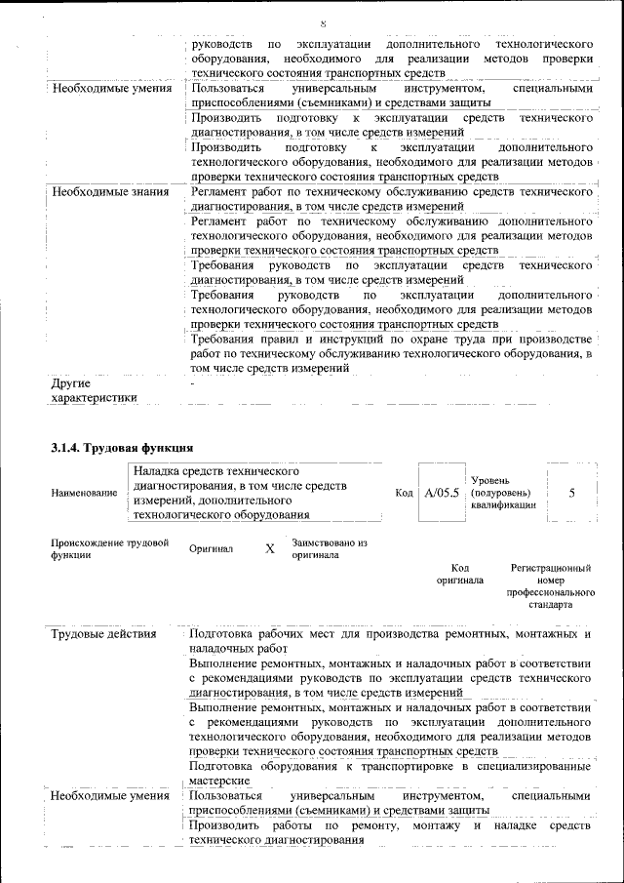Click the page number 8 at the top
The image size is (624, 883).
point(323,23)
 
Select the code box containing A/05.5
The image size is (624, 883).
point(441,493)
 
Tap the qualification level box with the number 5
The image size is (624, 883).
point(571,493)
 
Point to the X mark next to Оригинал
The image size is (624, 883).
point(270,548)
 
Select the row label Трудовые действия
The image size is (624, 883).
point(103,634)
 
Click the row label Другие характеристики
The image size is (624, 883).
point(94,390)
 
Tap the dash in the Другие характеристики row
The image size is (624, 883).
point(194,383)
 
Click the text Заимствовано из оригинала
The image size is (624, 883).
point(329,548)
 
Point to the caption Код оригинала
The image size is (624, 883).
point(459,574)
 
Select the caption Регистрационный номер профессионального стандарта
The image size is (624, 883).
point(551,585)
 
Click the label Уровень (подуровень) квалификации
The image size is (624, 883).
point(503,493)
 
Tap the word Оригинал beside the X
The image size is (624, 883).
point(212,549)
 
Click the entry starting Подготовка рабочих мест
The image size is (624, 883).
point(390,641)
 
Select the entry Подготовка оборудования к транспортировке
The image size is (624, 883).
point(390,774)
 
